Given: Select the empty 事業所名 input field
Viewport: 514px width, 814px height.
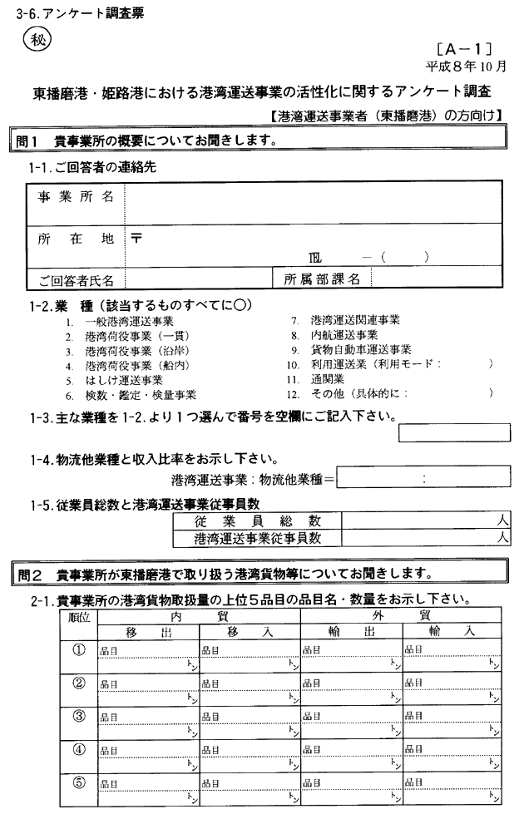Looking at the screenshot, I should (313, 197).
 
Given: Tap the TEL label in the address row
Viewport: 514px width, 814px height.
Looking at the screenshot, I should (314, 258).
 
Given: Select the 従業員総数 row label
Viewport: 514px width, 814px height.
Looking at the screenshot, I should (258, 520).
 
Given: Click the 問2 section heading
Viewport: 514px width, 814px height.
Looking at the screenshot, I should (241, 573).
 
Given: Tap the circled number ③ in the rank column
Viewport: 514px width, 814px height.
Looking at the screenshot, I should (80, 717).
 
